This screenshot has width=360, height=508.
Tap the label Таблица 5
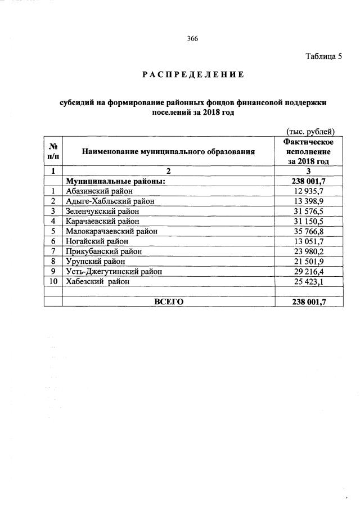323,56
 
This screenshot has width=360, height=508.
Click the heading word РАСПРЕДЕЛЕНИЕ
192,74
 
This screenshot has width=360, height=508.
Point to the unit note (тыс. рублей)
311,132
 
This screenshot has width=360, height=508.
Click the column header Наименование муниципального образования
169,151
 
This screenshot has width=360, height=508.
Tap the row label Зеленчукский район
102,211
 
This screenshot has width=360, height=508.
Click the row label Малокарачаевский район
111,231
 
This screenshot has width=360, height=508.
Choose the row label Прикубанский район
103,251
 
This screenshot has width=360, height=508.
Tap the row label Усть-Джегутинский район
114,272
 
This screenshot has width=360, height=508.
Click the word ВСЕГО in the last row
169,302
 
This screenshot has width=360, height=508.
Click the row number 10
53,281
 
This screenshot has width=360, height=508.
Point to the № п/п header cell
53,151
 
